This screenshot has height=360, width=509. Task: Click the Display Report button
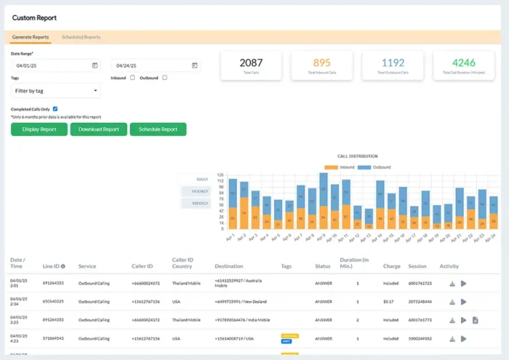39,129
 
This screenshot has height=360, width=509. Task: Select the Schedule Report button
158,129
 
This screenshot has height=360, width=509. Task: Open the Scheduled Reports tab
81,37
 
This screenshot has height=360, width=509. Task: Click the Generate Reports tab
31,37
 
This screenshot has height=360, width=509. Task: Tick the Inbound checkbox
132,78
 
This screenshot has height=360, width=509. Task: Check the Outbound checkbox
165,78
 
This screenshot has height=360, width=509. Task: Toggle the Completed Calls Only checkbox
55,109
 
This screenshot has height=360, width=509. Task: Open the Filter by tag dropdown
56,91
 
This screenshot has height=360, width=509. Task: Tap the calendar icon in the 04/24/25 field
194,65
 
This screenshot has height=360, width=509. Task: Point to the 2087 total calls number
251,63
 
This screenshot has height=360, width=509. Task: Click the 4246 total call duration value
464,63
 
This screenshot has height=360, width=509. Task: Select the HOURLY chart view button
200,191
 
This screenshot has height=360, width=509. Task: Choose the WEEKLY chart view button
200,204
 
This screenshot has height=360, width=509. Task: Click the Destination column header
229,266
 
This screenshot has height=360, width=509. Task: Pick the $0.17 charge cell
391,300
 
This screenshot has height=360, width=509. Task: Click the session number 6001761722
420,283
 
